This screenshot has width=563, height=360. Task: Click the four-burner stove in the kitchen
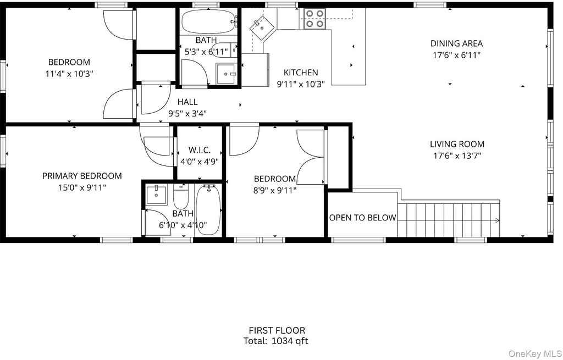pyautogui.click(x=315, y=19)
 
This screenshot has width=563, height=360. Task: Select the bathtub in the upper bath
pyautogui.click(x=208, y=21)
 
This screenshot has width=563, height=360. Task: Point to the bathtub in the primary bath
pyautogui.click(x=208, y=210)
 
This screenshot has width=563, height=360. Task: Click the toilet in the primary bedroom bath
pyautogui.click(x=180, y=196)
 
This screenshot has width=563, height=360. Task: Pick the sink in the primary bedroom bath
pyautogui.click(x=156, y=195)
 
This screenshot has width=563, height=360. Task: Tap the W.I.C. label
pyautogui.click(x=199, y=150)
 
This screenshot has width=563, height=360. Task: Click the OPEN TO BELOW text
pyautogui.click(x=363, y=218)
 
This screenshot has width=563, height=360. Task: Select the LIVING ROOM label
pyautogui.click(x=457, y=144)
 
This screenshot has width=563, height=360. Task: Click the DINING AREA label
pyautogui.click(x=456, y=43)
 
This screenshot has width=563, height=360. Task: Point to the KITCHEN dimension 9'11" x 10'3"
pyautogui.click(x=301, y=84)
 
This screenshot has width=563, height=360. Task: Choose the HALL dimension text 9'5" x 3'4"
pyautogui.click(x=187, y=114)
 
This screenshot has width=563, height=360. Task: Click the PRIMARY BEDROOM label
pyautogui.click(x=82, y=176)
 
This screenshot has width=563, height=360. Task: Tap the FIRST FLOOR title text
pyautogui.click(x=277, y=330)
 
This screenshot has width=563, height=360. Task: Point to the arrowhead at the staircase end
pyautogui.click(x=497, y=220)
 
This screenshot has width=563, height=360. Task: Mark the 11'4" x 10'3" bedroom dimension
pyautogui.click(x=69, y=74)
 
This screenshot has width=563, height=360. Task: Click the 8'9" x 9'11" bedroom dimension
pyautogui.click(x=275, y=190)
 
